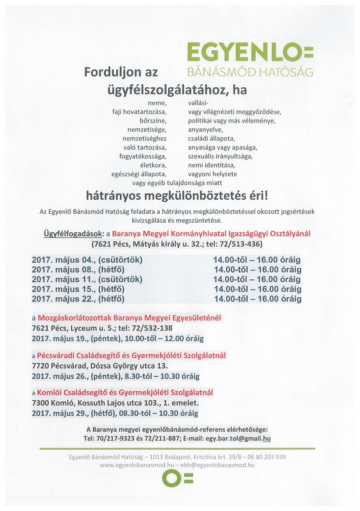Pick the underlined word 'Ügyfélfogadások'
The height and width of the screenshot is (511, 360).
[73, 234]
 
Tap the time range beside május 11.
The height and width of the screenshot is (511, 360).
[257, 279]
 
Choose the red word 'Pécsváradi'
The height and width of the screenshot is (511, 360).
[55, 355]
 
